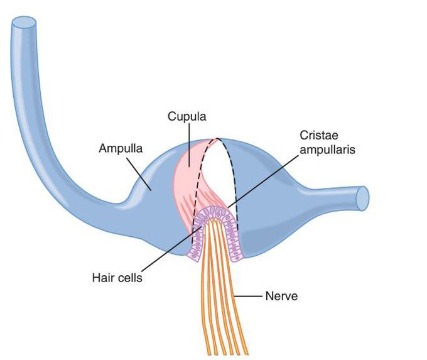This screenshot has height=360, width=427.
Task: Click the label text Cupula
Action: click(187, 117)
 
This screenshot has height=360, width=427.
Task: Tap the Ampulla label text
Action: click(121, 148)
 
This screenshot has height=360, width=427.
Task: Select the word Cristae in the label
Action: click(319, 135)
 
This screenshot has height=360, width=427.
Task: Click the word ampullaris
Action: click(327, 150)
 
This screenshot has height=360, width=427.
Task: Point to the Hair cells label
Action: click(117, 278)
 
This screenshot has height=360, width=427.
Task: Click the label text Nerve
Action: click(281, 296)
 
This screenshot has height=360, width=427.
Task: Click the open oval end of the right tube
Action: click(362, 198)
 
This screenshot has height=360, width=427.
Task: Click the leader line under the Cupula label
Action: click(188, 145)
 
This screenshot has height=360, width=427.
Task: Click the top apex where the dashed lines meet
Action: click(218, 139)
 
